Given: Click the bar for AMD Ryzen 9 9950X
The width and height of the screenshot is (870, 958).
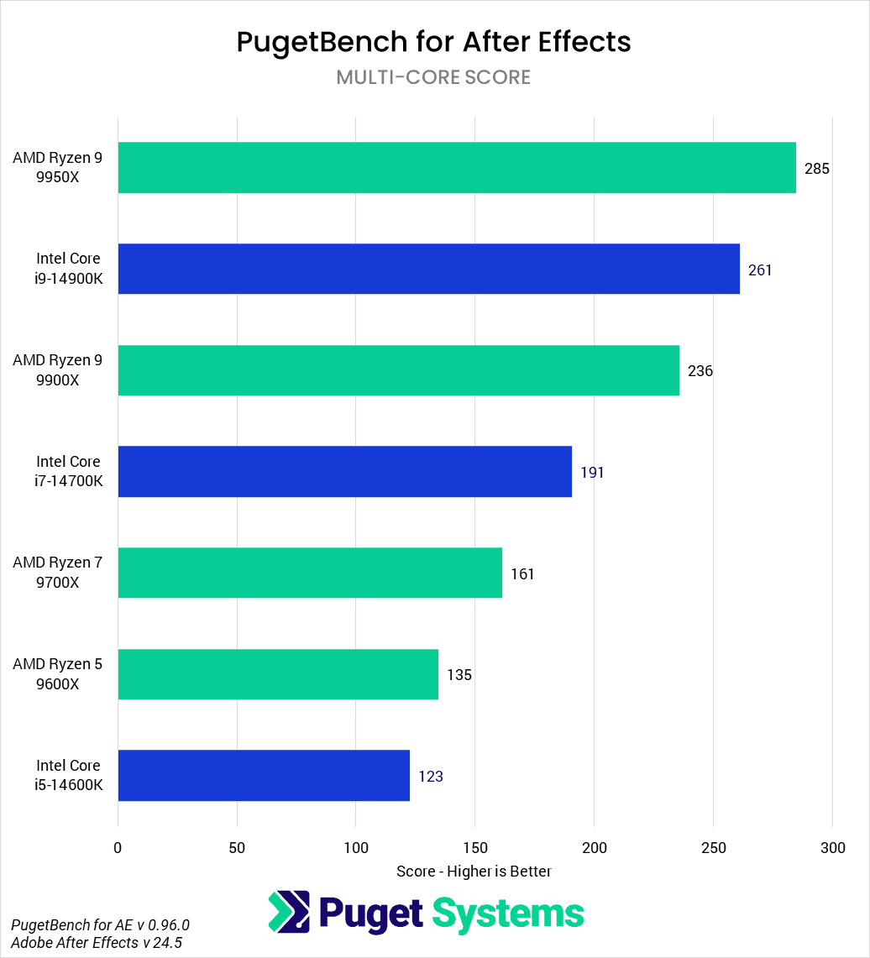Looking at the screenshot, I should click(x=457, y=168).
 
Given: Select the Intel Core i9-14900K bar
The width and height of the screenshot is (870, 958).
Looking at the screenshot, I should click(x=428, y=269).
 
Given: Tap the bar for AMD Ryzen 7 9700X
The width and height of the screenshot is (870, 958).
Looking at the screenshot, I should click(x=310, y=573).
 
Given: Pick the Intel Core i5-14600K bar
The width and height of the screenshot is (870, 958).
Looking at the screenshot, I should click(x=264, y=775).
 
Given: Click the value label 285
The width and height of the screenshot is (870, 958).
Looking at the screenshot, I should click(x=816, y=169).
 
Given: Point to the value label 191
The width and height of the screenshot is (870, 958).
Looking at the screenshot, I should click(x=592, y=473).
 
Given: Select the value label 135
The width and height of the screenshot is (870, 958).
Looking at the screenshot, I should click(x=459, y=675).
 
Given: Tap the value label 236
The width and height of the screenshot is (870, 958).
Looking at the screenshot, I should click(x=700, y=371).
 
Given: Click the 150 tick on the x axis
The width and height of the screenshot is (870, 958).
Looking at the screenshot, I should click(x=475, y=848).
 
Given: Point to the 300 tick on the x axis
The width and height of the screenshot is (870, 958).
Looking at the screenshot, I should click(x=832, y=848).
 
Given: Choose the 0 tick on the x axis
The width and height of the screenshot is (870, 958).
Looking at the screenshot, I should click(x=118, y=848).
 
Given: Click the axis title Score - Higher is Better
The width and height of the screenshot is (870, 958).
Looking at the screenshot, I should click(x=474, y=872).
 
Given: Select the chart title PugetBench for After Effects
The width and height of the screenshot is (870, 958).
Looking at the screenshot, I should click(x=433, y=41).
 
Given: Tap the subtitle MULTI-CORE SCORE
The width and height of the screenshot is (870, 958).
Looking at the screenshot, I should click(x=433, y=77).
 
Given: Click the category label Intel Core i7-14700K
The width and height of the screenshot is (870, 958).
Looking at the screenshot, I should click(x=68, y=472).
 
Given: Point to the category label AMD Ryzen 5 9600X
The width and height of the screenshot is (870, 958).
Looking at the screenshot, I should click(x=58, y=674).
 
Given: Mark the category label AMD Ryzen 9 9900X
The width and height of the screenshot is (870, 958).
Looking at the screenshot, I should click(x=58, y=370).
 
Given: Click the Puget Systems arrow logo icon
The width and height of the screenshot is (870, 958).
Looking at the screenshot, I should click(x=289, y=913).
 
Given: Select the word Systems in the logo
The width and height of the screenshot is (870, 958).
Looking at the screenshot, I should click(x=508, y=913).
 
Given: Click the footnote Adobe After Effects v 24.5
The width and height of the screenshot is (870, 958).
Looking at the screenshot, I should click(x=97, y=942).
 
